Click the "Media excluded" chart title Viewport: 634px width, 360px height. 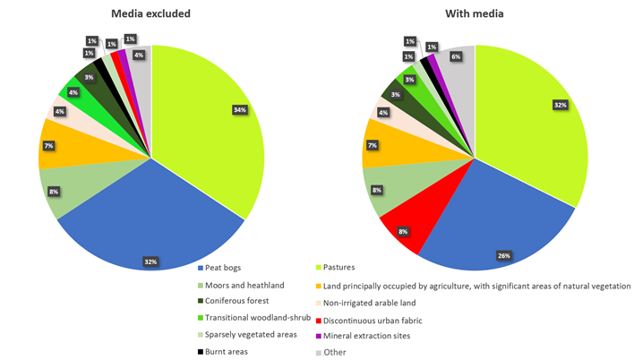[x=151, y=14]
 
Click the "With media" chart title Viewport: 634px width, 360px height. [x=475, y=14]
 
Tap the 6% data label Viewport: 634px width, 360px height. [x=456, y=56]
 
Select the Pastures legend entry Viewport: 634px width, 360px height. [x=340, y=268]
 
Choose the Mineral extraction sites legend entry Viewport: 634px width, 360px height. [x=363, y=335]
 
